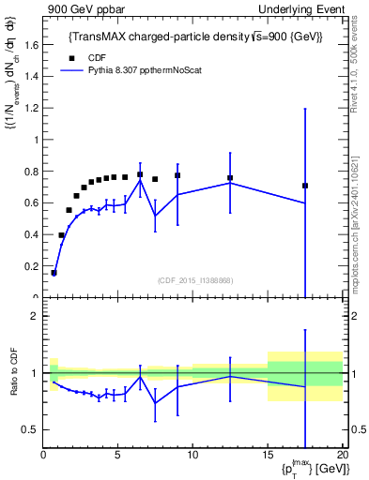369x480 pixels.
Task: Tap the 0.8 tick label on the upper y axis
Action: (x=33, y=172)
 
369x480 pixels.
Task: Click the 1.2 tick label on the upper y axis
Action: (x=33, y=108)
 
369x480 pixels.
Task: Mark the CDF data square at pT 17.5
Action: (x=305, y=186)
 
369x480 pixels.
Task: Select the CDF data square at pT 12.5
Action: (x=230, y=178)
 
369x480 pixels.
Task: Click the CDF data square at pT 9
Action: (x=177, y=175)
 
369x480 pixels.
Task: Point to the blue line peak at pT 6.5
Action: (x=140, y=180)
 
